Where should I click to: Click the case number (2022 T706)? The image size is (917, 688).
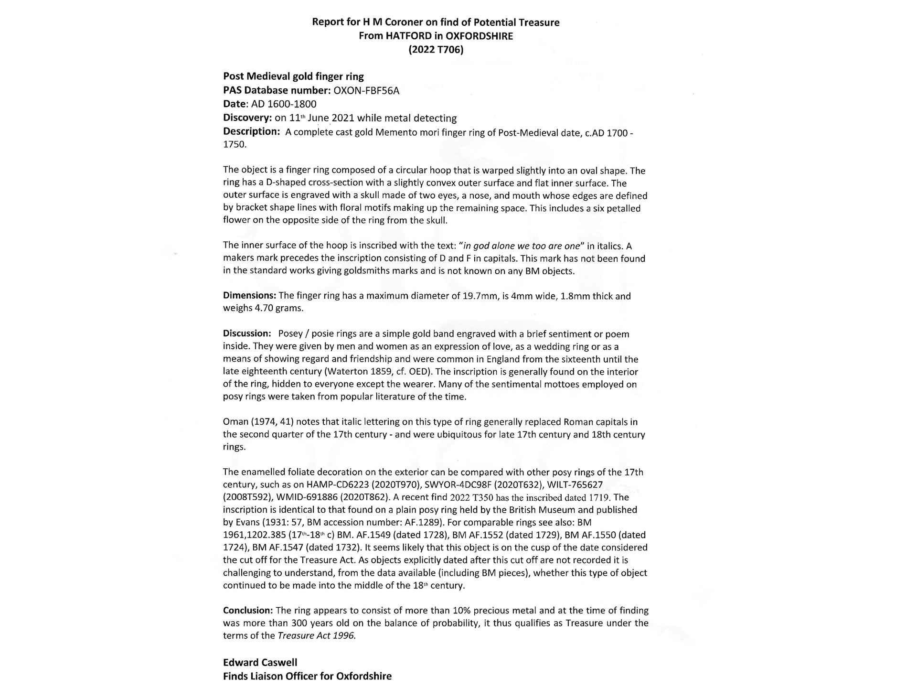(x=436, y=49)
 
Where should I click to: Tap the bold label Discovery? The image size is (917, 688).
(x=247, y=118)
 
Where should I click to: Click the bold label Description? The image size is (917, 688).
(x=251, y=131)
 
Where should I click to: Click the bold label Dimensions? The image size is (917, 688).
(x=249, y=296)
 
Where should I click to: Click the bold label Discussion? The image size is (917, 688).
(x=247, y=333)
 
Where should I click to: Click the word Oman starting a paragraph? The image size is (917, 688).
(x=235, y=422)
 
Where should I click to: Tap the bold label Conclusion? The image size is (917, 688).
(x=248, y=610)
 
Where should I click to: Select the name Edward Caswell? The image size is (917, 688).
(x=260, y=662)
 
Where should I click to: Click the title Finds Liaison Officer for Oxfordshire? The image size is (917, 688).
(x=307, y=676)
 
